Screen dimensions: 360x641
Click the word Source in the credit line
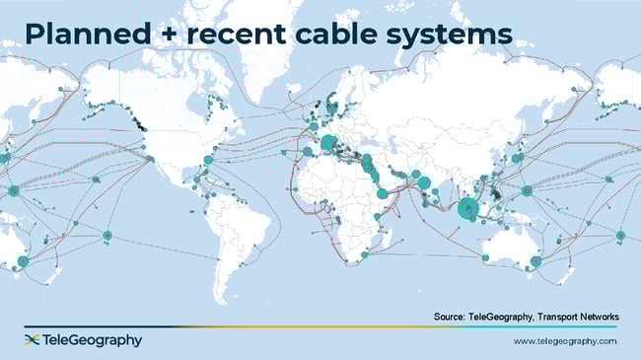coord(451,316)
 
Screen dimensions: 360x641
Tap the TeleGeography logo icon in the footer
coord(32,340)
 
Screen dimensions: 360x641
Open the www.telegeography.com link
coord(565,341)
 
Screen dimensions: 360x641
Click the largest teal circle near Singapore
coord(468,207)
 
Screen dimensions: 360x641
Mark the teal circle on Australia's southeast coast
coord(536,261)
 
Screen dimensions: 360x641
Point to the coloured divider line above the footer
coord(320,326)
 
